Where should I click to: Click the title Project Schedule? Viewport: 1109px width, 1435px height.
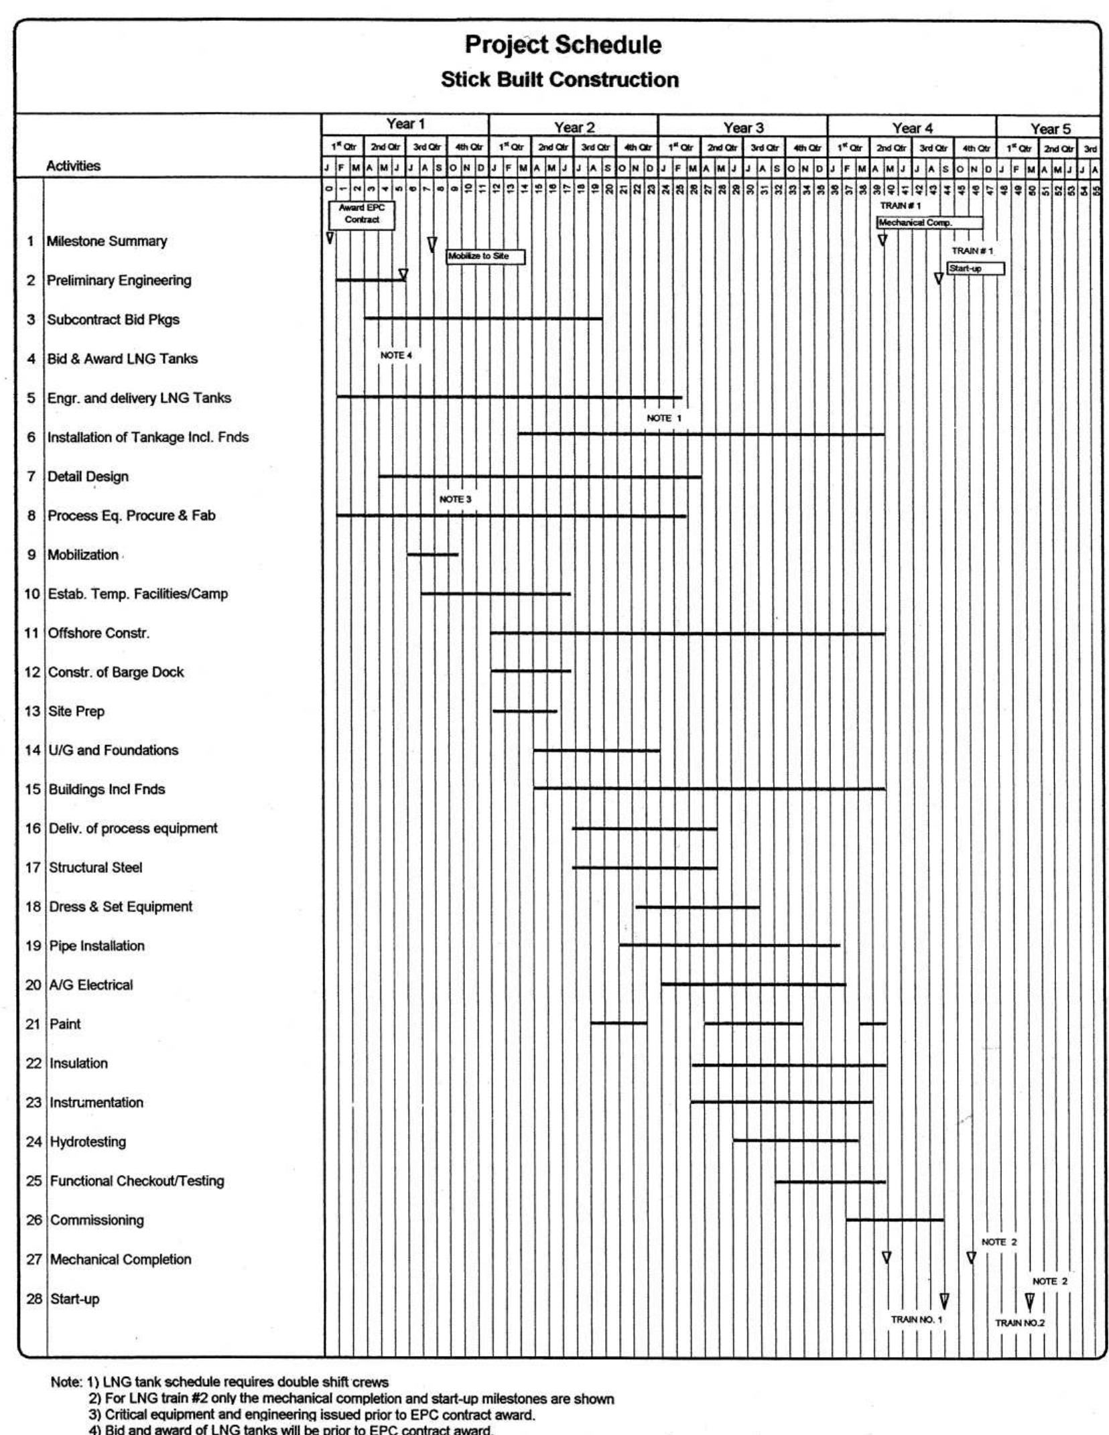[x=562, y=45]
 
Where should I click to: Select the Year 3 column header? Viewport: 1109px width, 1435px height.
[x=742, y=127]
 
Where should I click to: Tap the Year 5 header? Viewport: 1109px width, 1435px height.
[x=1049, y=129]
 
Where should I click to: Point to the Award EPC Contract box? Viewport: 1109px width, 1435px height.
[x=362, y=214]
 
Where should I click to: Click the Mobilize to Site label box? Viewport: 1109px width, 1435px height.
[x=486, y=257]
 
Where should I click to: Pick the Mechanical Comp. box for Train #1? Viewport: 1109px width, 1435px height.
[x=929, y=222]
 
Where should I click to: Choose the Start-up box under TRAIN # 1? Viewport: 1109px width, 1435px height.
[x=975, y=269]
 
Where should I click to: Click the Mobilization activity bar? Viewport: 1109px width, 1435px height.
[x=433, y=555]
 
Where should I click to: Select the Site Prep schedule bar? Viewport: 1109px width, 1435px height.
[x=525, y=711]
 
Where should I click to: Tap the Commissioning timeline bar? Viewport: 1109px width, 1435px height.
[x=895, y=1220]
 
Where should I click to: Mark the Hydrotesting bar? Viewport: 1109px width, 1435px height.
[x=795, y=1140]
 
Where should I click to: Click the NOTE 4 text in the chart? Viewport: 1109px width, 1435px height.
[x=396, y=355]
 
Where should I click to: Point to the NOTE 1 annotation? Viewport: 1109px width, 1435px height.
[x=663, y=418]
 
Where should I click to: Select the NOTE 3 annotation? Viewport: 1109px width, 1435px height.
[x=455, y=499]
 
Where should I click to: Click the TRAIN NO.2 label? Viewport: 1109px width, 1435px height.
[x=1019, y=1322]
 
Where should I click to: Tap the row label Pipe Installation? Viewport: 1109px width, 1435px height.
[x=96, y=946]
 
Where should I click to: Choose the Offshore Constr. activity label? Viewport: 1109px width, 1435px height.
[x=99, y=633]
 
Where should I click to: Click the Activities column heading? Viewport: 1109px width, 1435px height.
[x=73, y=165]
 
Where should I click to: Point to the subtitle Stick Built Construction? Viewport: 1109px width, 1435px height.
[x=560, y=80]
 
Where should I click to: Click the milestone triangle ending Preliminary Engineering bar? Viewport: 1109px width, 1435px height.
[x=403, y=274]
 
